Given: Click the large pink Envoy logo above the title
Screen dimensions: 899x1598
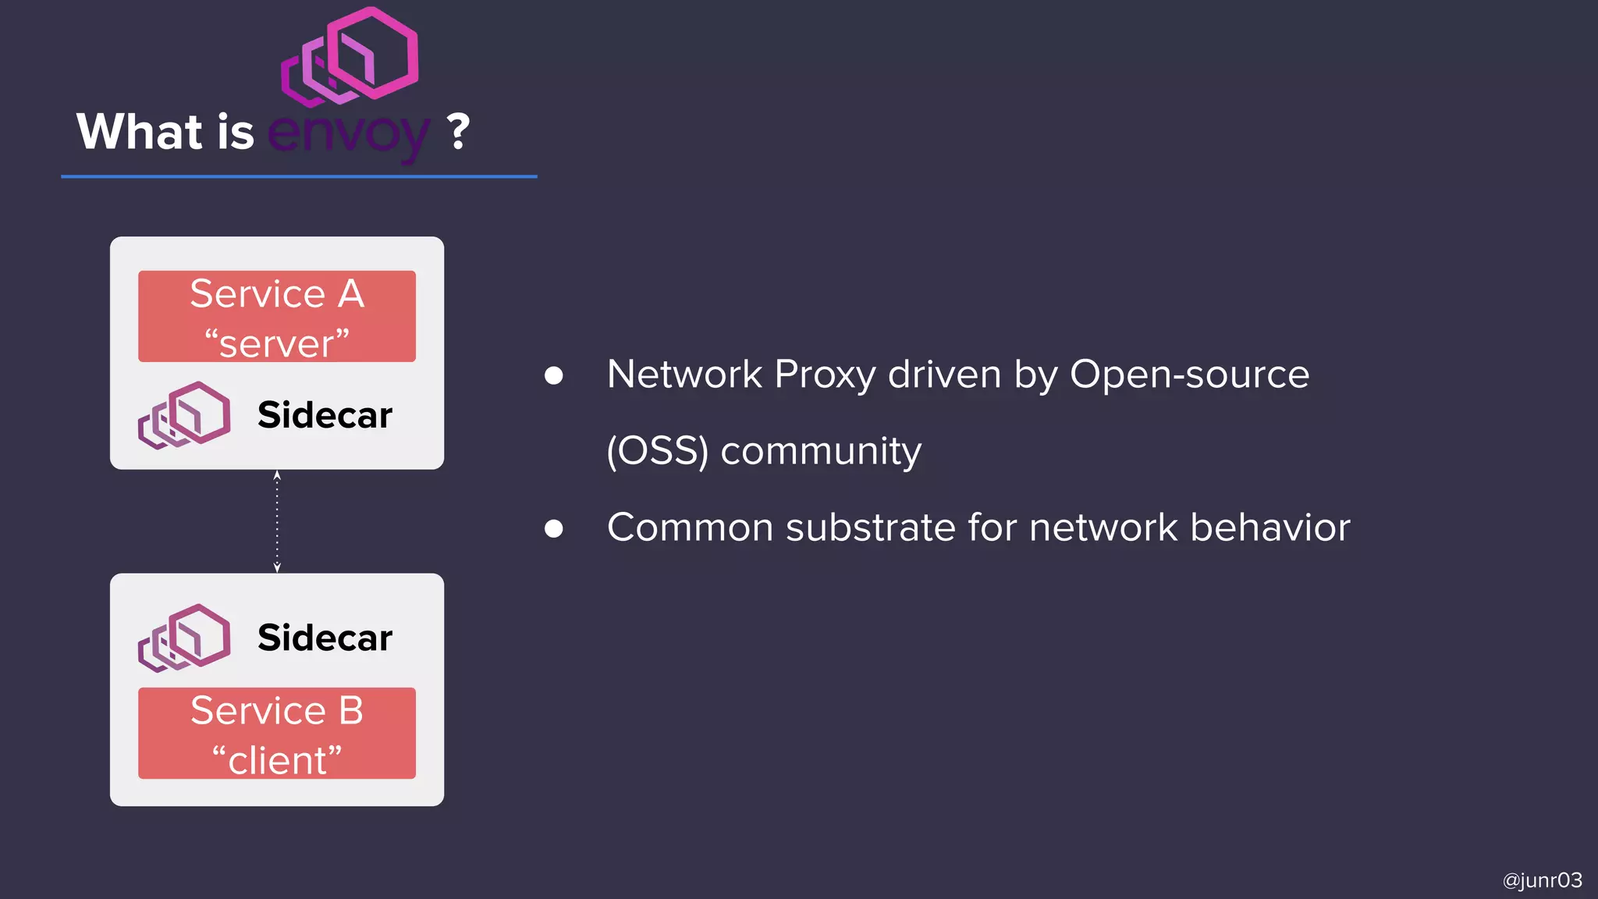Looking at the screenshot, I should [350, 56].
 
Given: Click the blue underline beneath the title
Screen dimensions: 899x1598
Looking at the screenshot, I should [299, 176].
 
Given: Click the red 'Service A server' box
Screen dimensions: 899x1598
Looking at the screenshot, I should [277, 316].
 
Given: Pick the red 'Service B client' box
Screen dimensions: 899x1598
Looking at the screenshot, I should [277, 733].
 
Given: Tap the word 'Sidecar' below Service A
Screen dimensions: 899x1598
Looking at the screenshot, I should [325, 414].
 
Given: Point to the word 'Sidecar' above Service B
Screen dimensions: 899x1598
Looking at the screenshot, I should [325, 638].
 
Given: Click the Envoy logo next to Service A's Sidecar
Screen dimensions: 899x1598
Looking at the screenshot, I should [184, 415].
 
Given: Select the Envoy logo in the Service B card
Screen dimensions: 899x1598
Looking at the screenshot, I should [184, 638].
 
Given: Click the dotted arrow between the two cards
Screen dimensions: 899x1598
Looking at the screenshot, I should [277, 521].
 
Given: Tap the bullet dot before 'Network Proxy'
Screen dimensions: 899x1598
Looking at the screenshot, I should [554, 376].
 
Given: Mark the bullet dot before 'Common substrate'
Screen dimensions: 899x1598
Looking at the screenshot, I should [554, 529].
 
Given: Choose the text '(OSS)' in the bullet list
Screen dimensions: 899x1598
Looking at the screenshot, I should [657, 451].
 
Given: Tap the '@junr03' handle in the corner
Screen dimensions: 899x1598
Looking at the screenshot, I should [1542, 880].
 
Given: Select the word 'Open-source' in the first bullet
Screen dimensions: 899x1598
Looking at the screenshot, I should [1189, 375].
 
